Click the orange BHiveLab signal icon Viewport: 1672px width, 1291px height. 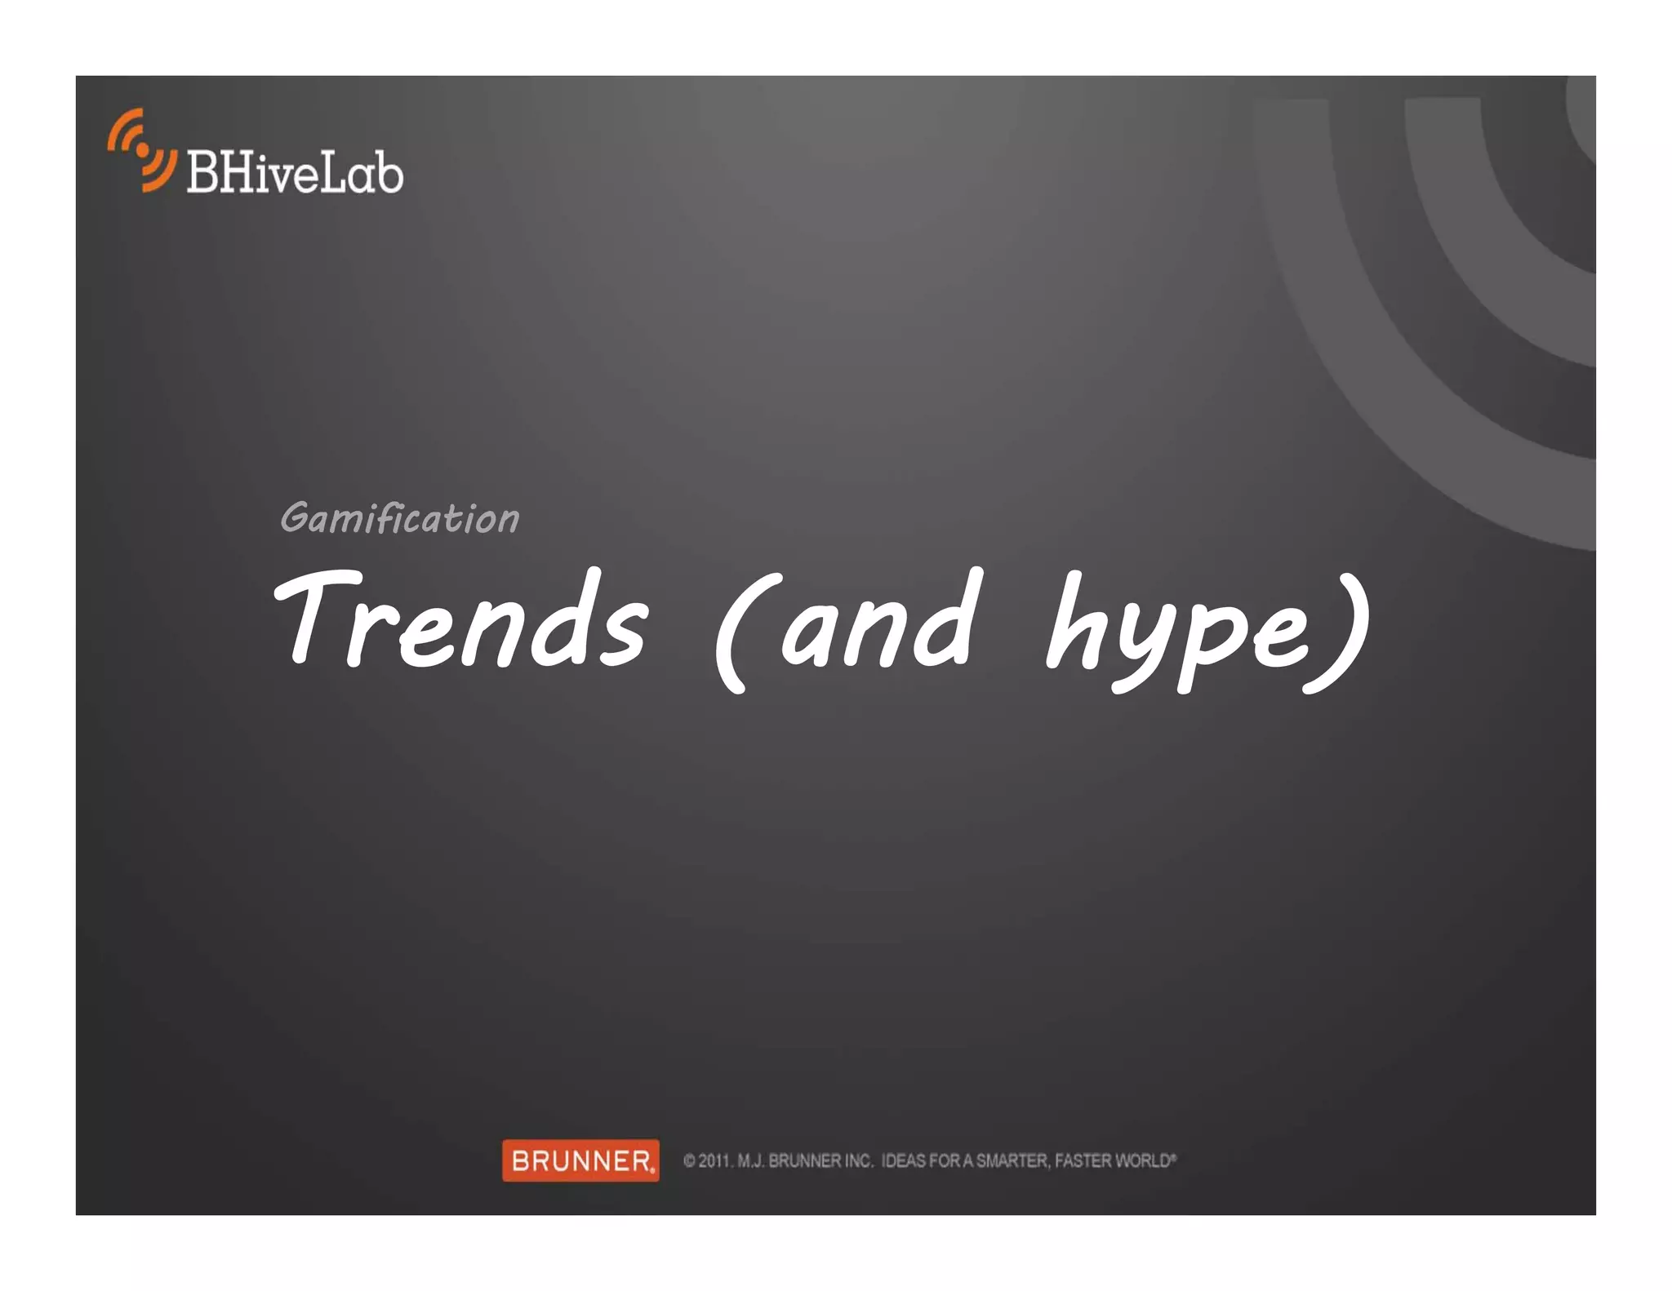tap(141, 151)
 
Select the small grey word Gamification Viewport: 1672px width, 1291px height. tap(399, 518)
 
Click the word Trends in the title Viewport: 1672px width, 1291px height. tap(462, 620)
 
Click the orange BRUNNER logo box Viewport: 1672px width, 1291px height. tap(580, 1160)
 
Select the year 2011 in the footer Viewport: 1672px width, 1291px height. tap(715, 1160)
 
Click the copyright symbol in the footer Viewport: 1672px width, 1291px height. tap(689, 1160)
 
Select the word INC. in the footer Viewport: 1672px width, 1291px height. tap(858, 1160)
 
